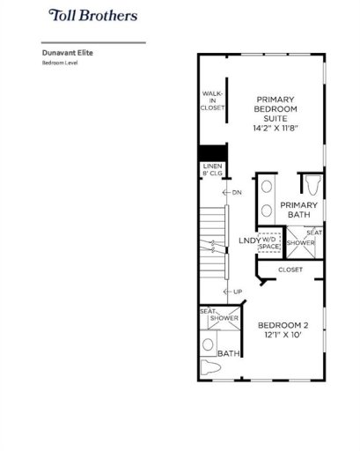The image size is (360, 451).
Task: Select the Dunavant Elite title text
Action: click(68, 53)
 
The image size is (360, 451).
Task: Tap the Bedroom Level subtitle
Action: click(61, 63)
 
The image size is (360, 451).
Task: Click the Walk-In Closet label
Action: click(213, 100)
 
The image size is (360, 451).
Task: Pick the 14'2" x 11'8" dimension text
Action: click(276, 129)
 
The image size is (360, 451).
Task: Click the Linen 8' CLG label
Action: click(213, 170)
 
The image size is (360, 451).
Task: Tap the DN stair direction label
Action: click(237, 191)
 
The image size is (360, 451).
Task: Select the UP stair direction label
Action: click(237, 292)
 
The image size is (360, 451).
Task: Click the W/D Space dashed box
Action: click(269, 242)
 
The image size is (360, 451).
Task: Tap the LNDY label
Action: click(249, 240)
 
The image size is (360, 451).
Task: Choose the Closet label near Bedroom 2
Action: click(290, 270)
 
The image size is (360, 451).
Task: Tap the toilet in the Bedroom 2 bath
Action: click(210, 367)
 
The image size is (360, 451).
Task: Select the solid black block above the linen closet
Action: click(213, 152)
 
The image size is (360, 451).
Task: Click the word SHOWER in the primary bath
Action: click(301, 242)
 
